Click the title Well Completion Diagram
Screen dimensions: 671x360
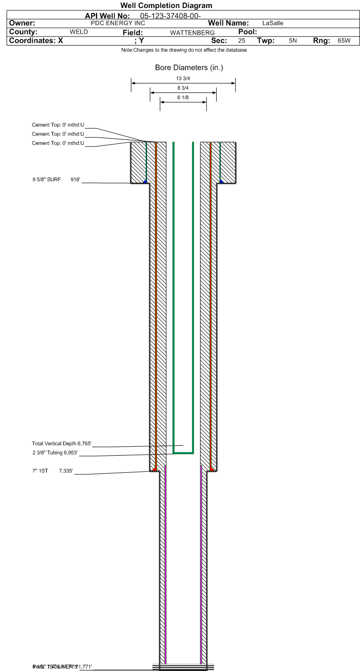click(x=166, y=6)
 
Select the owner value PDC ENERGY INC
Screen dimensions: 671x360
click(x=118, y=23)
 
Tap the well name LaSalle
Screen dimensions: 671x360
click(x=273, y=23)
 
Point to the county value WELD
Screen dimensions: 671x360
click(x=79, y=32)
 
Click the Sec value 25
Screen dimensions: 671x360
click(x=242, y=41)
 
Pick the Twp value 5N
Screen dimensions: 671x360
click(x=293, y=41)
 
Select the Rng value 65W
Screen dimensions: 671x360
click(x=344, y=41)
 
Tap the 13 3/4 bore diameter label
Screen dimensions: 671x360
click(x=183, y=79)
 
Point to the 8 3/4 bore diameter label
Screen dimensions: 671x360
click(x=183, y=88)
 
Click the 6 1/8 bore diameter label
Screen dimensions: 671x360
click(x=183, y=97)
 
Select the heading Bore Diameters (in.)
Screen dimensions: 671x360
click(x=189, y=68)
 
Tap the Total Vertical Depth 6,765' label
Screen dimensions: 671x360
click(x=61, y=443)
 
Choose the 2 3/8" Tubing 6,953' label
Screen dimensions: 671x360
click(x=55, y=453)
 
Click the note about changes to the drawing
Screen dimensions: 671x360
click(x=184, y=50)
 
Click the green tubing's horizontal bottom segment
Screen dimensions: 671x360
click(x=184, y=453)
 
